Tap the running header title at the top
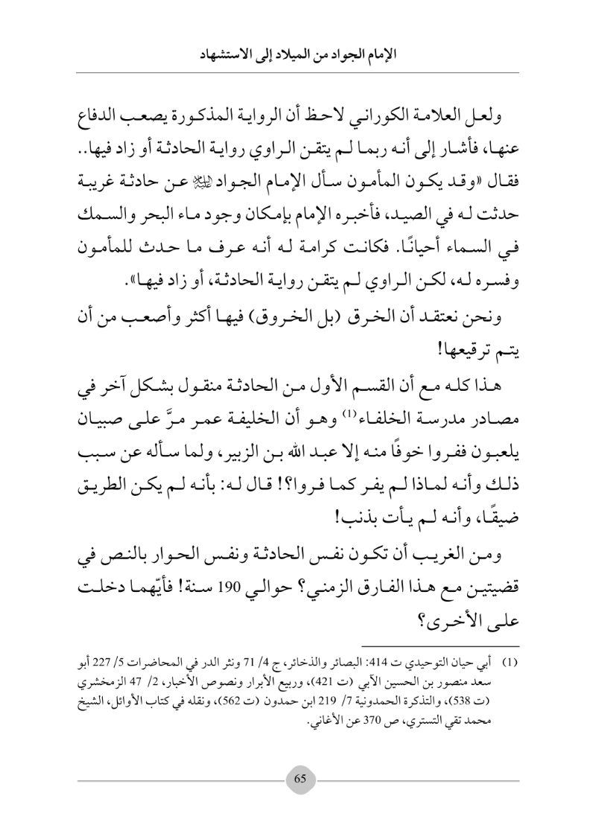pyautogui.click(x=298, y=54)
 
